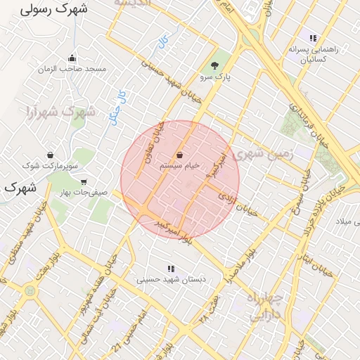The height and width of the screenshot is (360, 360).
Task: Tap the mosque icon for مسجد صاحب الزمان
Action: pyautogui.click(x=72, y=58)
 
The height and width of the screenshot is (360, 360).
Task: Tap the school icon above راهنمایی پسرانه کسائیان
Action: pyautogui.click(x=313, y=38)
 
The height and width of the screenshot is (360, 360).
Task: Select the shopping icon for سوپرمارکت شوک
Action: pyautogui.click(x=50, y=155)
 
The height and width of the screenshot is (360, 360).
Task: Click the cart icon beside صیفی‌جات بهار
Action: pyautogui.click(x=84, y=181)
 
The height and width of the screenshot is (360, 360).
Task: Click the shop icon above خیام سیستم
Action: pyautogui.click(x=180, y=155)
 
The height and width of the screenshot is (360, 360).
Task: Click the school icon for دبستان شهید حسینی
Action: pyautogui.click(x=170, y=269)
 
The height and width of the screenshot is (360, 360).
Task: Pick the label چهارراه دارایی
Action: pyautogui.click(x=265, y=307)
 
